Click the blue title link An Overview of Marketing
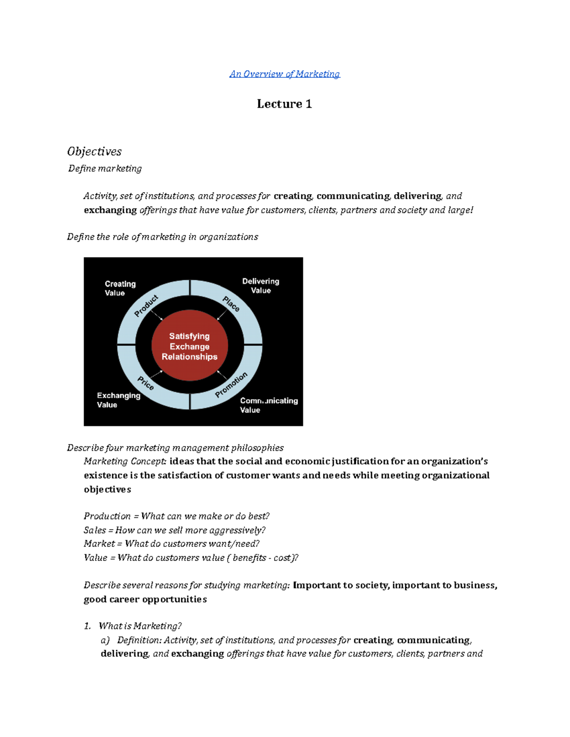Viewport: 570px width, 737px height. (285, 74)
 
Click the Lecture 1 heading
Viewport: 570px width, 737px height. (284, 104)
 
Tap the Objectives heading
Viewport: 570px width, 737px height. (94, 151)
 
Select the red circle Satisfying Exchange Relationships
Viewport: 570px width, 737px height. (190, 346)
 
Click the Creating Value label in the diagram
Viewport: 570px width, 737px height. (120, 288)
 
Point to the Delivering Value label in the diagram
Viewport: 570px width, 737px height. (260, 286)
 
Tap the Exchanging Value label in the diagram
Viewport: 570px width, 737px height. (118, 400)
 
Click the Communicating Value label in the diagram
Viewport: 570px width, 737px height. (268, 405)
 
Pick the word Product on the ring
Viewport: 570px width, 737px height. (146, 306)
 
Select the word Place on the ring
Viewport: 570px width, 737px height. (231, 304)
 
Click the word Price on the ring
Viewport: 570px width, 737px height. (146, 382)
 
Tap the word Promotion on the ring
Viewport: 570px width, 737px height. (231, 384)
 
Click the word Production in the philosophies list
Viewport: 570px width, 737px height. (107, 516)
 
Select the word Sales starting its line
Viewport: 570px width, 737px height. (95, 530)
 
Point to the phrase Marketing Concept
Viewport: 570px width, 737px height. (124, 461)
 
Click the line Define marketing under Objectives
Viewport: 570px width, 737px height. (105, 168)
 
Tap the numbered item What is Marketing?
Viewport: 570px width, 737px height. (140, 626)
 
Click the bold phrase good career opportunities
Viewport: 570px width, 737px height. (145, 599)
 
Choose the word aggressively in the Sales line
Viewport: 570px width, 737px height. (237, 530)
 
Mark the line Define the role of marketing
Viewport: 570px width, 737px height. (162, 237)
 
